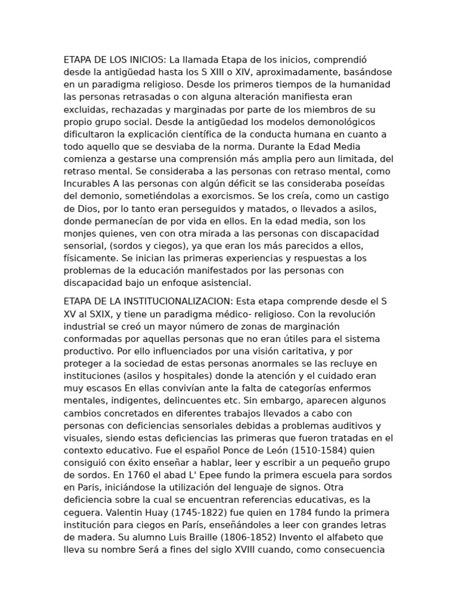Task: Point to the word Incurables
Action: tap(87, 183)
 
